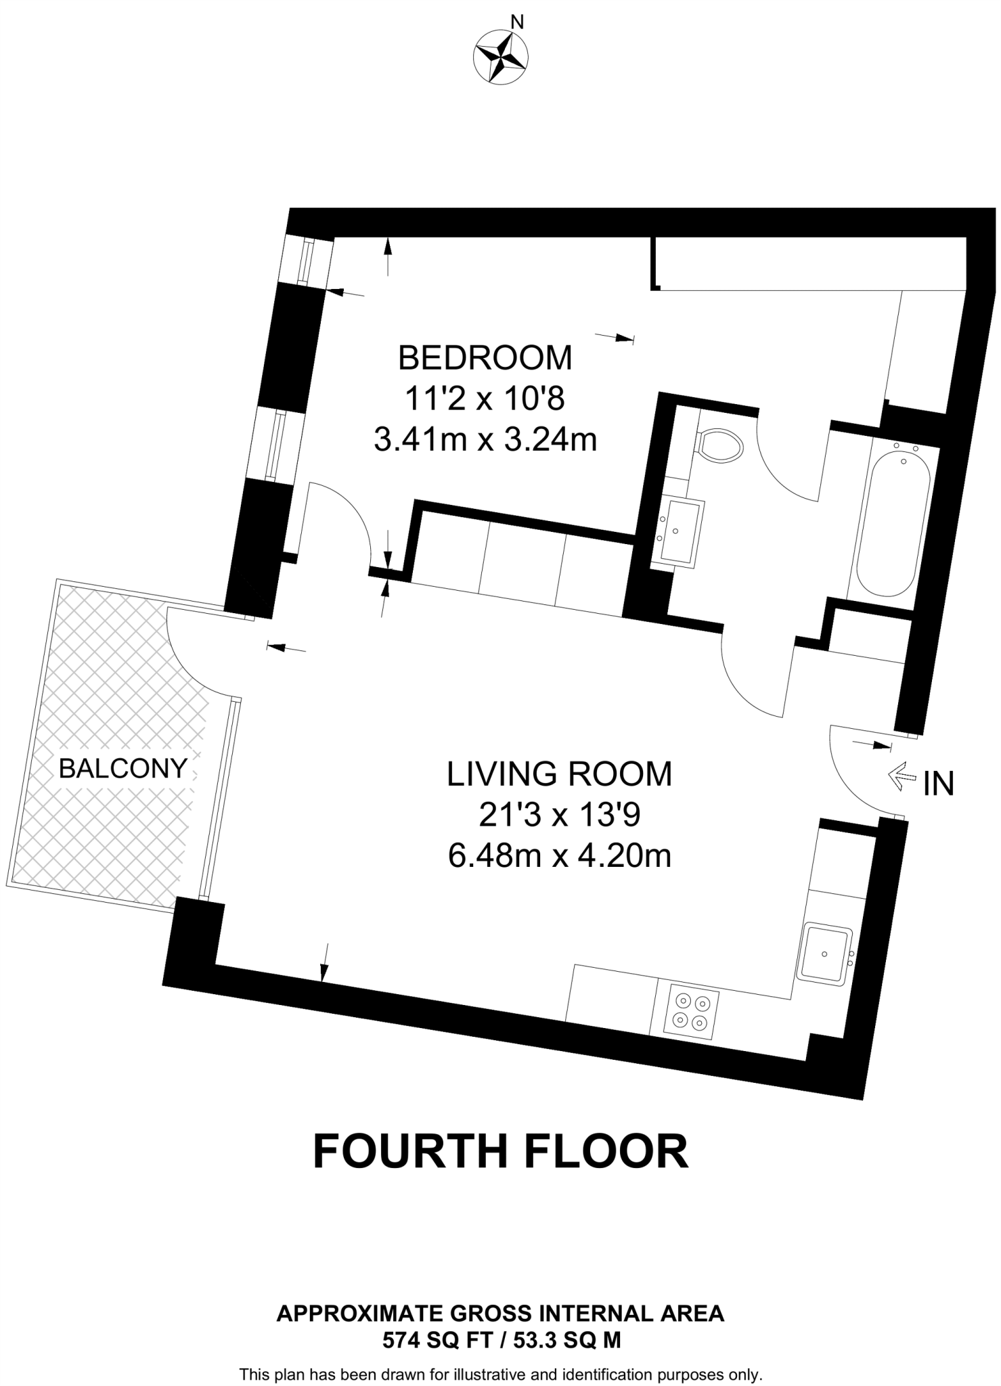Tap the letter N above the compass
[517, 22]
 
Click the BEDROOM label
[485, 357]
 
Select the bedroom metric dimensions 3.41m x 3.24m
[485, 441]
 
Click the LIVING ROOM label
[559, 774]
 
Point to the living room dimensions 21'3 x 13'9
[559, 815]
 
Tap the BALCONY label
[123, 768]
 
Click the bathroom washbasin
[679, 532]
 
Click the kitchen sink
[826, 953]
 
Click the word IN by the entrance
[939, 784]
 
